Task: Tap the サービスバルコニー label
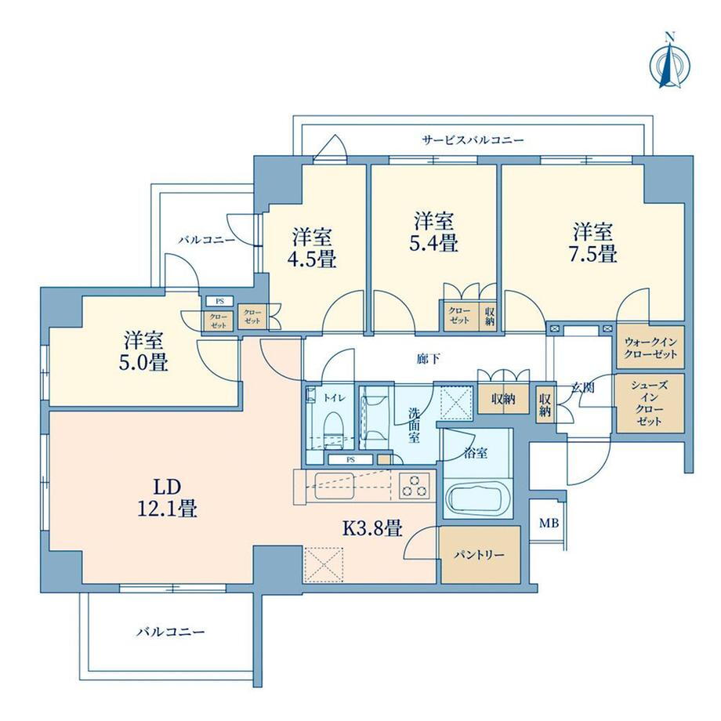tap(473, 139)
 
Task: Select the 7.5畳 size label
tap(592, 254)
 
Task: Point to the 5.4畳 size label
tap(433, 243)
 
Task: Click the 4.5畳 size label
tap(312, 259)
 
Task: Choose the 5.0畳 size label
tap(143, 362)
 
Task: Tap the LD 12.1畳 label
tap(168, 498)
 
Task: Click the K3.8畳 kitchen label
tap(373, 528)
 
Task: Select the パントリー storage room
tap(480, 555)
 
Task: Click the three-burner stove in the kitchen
tap(415, 486)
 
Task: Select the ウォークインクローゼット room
tap(650, 347)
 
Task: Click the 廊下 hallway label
tap(428, 359)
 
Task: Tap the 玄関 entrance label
tap(582, 388)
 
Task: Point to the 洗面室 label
tap(414, 425)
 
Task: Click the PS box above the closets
tap(219, 301)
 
